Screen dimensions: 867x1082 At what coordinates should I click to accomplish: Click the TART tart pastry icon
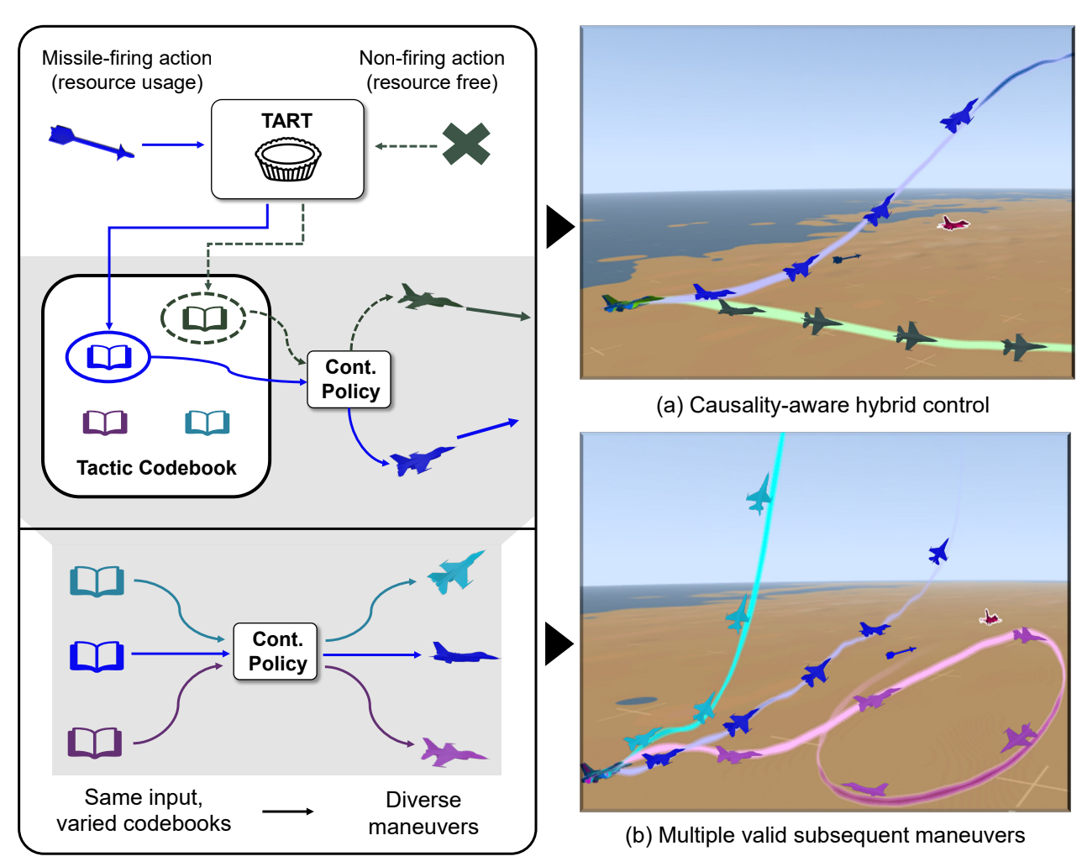[288, 160]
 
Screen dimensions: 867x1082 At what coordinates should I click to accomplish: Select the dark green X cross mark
[466, 144]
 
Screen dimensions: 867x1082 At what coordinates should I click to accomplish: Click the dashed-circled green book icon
[204, 318]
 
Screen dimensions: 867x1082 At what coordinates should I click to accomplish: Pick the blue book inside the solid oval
[109, 357]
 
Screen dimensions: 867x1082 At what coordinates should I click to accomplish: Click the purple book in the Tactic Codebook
[105, 422]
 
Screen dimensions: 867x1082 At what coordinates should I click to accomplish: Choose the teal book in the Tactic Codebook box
[207, 422]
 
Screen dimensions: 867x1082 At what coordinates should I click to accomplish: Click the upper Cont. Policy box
[349, 380]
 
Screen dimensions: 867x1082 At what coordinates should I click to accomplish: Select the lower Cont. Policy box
[276, 652]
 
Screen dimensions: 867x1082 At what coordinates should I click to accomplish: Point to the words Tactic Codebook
[156, 468]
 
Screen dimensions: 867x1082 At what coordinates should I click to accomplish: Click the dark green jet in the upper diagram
[428, 298]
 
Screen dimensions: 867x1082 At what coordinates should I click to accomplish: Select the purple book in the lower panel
[95, 742]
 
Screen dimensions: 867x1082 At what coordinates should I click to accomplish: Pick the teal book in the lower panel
[97, 581]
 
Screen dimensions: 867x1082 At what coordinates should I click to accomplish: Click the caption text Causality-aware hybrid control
[822, 405]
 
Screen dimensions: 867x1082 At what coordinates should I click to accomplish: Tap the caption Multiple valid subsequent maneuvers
[825, 835]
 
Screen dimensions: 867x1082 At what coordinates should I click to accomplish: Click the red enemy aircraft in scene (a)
[953, 223]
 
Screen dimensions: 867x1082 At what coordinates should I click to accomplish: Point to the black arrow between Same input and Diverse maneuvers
[287, 812]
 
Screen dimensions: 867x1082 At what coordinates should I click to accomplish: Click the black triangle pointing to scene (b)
[559, 644]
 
